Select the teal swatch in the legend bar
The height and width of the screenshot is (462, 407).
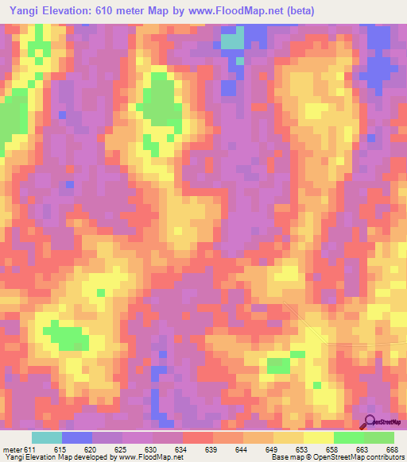[47, 437]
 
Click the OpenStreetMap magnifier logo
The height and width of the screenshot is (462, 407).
[370, 421]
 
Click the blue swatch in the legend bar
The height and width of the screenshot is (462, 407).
[77, 437]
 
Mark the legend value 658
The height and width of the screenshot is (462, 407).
[334, 449]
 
